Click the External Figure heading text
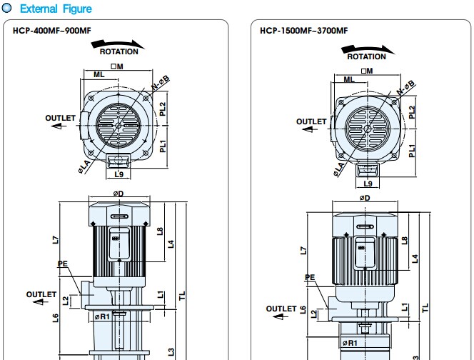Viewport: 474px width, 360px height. [x=56, y=9]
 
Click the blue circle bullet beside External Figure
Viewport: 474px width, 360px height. [x=7, y=9]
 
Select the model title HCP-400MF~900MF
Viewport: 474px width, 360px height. [x=51, y=31]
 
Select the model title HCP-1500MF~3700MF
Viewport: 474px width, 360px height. [x=303, y=31]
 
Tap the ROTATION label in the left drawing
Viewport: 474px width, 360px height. [x=118, y=52]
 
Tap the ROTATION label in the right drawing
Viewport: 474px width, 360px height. [x=367, y=56]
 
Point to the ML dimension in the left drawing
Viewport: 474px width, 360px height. [x=99, y=74]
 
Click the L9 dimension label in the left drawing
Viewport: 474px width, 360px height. [x=119, y=174]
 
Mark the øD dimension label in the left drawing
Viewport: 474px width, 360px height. [x=118, y=193]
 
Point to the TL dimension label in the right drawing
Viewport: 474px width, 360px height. [x=426, y=307]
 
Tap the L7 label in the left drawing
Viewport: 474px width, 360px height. [x=56, y=241]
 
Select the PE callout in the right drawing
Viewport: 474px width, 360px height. [x=309, y=278]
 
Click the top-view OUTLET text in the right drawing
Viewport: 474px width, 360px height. [x=311, y=122]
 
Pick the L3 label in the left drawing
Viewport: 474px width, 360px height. [x=171, y=351]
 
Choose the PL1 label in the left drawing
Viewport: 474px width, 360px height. [x=163, y=145]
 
